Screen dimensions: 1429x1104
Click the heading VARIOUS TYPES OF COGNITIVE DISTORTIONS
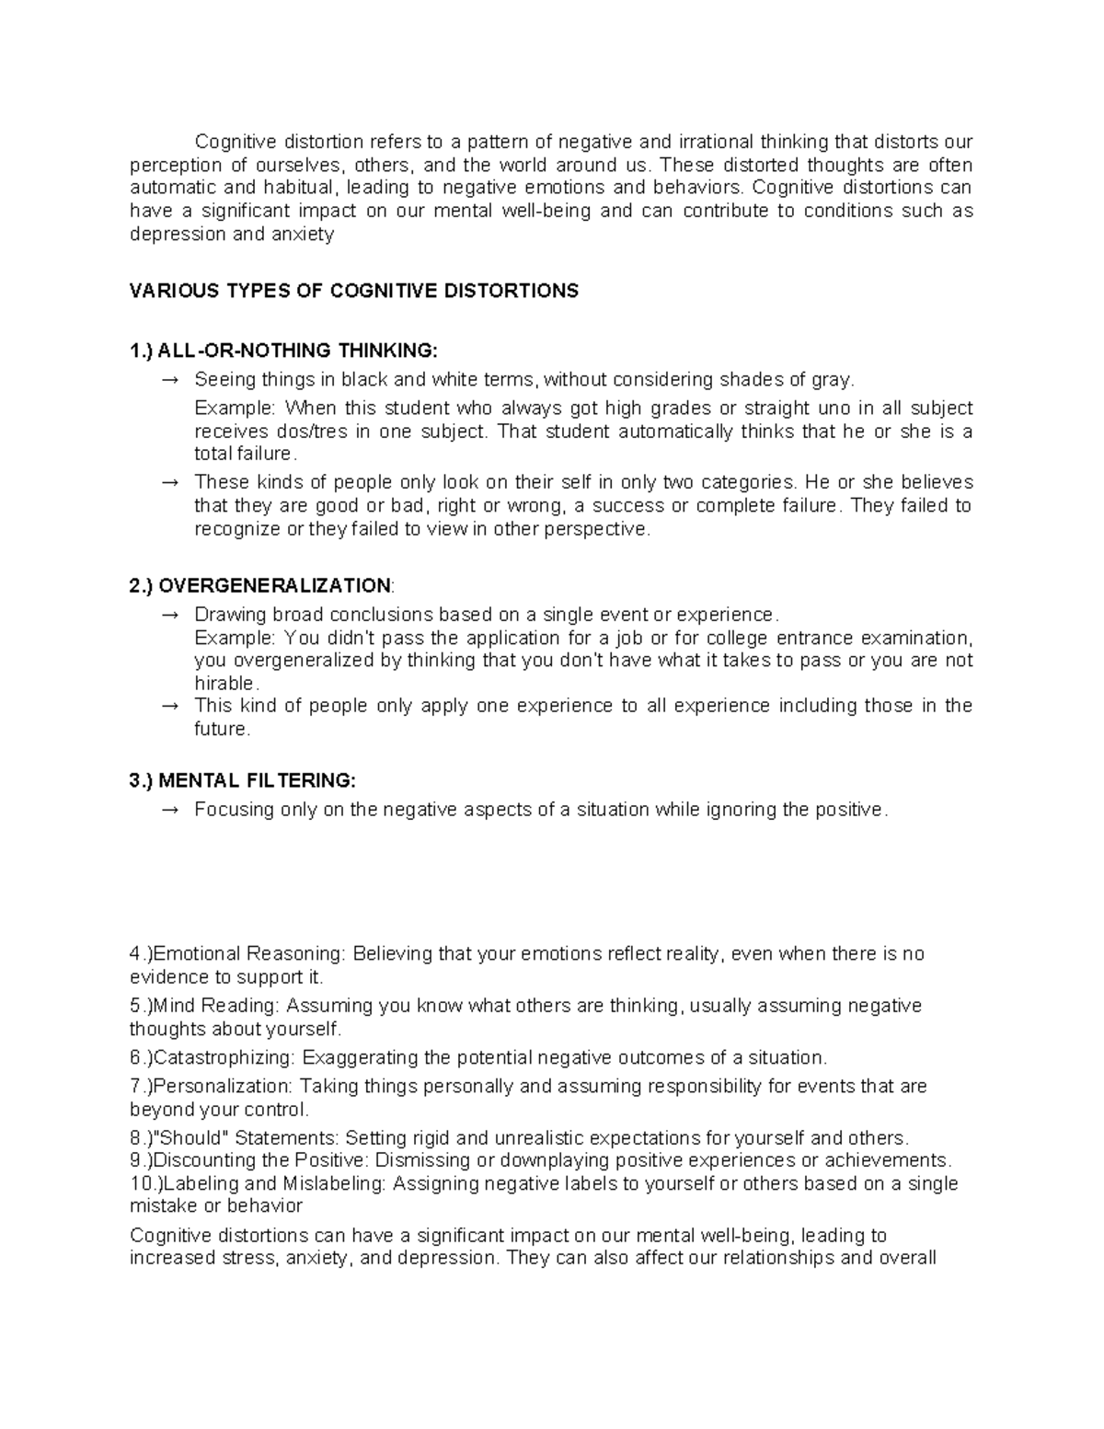tap(354, 292)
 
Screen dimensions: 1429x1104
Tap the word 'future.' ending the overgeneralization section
tap(222, 730)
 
